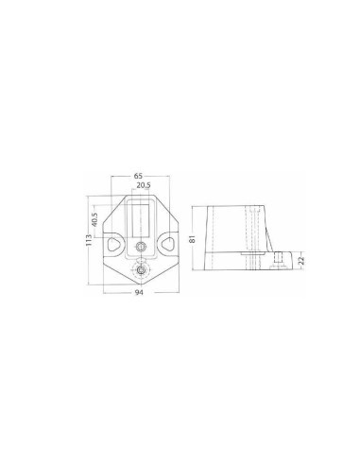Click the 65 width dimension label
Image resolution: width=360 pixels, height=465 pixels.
(x=139, y=177)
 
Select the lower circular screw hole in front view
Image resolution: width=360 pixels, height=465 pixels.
(x=141, y=271)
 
